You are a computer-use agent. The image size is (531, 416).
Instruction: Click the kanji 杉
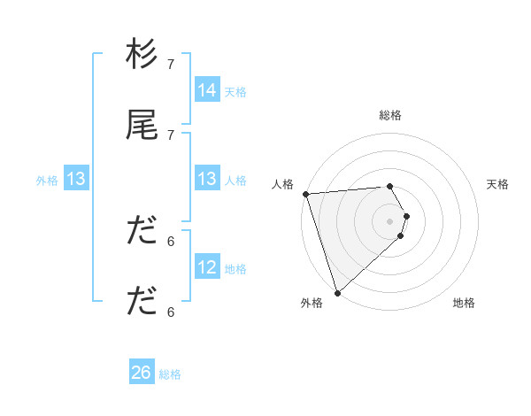click(x=142, y=55)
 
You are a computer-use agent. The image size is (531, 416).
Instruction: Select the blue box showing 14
click(x=207, y=89)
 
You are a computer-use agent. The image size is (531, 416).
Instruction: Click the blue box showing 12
click(x=207, y=266)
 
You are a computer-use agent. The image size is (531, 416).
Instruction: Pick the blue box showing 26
click(x=142, y=373)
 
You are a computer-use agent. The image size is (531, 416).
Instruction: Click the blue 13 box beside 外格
click(x=76, y=179)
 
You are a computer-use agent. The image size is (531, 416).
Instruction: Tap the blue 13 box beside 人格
click(x=207, y=179)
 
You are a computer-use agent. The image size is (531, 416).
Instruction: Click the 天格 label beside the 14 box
click(x=235, y=91)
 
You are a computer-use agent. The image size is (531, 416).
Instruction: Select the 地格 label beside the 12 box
click(x=235, y=268)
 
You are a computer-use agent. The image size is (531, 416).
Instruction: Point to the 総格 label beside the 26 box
click(x=170, y=374)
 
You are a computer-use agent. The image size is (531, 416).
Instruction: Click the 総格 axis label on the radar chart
click(x=390, y=115)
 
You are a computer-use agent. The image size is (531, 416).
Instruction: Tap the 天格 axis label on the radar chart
click(x=498, y=184)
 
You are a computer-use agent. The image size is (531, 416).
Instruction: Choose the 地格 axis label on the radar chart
click(x=464, y=303)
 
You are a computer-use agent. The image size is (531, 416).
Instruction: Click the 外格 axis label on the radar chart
click(x=312, y=303)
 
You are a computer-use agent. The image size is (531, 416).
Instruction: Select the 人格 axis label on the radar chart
click(x=283, y=184)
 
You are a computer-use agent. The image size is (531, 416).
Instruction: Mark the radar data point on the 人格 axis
click(x=304, y=194)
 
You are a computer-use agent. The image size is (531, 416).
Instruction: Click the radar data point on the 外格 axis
click(x=337, y=292)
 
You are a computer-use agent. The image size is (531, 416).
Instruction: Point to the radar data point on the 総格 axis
click(x=390, y=186)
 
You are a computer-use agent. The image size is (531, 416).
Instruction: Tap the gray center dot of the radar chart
click(x=390, y=220)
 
